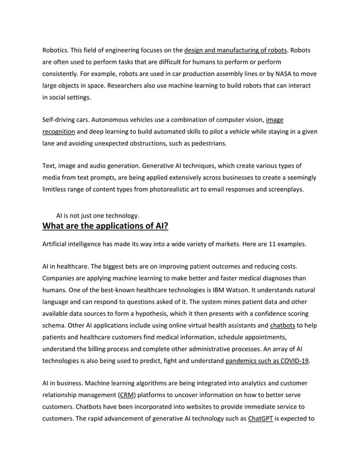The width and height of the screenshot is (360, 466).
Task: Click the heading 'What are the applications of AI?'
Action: pyautogui.click(x=106, y=227)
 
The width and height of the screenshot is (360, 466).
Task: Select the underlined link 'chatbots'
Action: pyautogui.click(x=282, y=325)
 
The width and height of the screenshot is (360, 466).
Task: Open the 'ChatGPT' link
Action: pyautogui.click(x=260, y=419)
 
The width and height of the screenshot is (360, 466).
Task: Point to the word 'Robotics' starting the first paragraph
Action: pyautogui.click(x=55, y=51)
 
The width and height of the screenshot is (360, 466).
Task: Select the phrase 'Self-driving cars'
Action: pyautogui.click(x=65, y=120)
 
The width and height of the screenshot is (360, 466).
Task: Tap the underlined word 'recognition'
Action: pyautogui.click(x=59, y=131)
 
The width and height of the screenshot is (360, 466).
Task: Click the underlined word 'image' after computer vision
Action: pyautogui.click(x=275, y=120)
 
